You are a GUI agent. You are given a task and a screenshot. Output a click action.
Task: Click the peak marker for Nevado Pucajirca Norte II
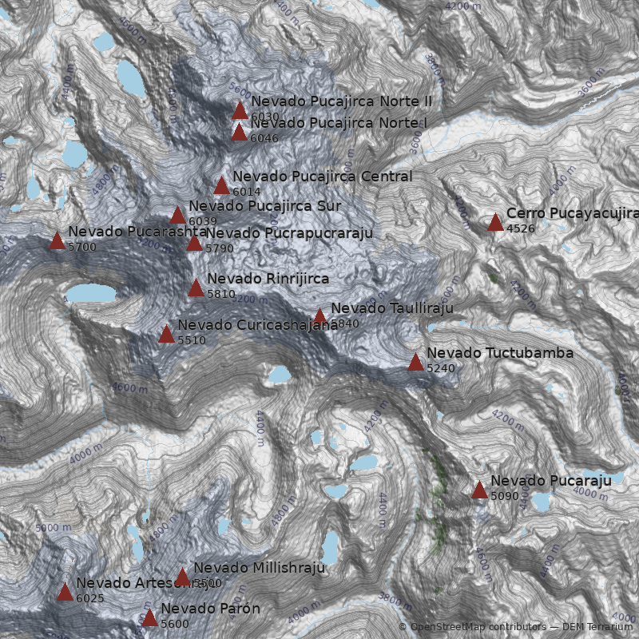(x=240, y=110)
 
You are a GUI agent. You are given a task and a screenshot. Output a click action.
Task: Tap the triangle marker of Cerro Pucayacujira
(x=495, y=222)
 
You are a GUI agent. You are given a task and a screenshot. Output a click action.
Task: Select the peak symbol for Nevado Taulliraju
(x=319, y=316)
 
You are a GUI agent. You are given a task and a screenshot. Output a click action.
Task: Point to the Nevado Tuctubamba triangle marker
(x=415, y=362)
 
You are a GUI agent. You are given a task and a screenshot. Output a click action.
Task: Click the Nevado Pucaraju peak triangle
(x=479, y=490)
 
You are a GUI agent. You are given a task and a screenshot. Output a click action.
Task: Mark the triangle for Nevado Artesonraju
(x=65, y=592)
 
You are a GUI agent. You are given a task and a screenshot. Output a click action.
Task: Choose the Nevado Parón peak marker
(x=149, y=617)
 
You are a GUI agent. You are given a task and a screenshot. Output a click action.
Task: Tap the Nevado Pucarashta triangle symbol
(x=57, y=240)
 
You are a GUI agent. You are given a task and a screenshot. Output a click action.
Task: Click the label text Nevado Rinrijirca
(x=268, y=279)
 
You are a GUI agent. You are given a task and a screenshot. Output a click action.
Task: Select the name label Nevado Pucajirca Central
(x=323, y=177)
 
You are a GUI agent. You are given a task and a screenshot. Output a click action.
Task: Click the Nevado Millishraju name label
(x=260, y=568)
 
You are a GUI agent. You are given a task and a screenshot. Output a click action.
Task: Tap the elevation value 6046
(x=264, y=138)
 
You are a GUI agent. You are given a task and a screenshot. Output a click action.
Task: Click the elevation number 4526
(x=521, y=228)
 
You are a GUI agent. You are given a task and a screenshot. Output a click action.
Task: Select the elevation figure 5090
(x=505, y=496)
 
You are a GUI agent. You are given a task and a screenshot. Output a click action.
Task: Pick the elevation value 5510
(x=192, y=340)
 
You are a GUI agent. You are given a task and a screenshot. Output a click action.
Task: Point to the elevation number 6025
(x=90, y=598)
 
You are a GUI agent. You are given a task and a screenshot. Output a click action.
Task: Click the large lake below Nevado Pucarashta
(x=90, y=294)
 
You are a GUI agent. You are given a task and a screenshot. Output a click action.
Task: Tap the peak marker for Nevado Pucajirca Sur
(x=177, y=215)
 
